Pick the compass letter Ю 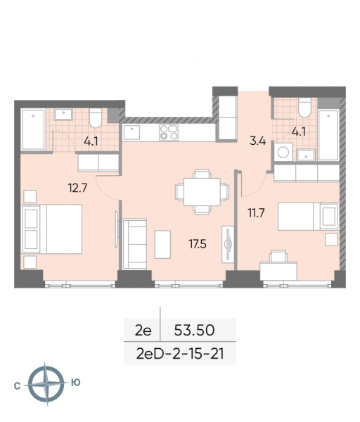click(x=76, y=383)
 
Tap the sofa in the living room click(x=134, y=243)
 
